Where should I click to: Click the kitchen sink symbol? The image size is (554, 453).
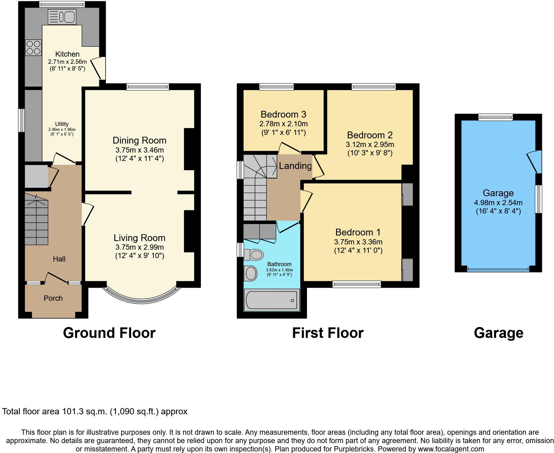[62, 17]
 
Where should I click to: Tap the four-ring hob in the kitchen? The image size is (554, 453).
[33, 48]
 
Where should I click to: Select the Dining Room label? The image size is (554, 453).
[139, 140]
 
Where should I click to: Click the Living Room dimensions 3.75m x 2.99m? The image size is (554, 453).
[139, 247]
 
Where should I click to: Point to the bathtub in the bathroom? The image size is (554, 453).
[272, 300]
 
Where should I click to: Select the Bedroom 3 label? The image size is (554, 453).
[283, 114]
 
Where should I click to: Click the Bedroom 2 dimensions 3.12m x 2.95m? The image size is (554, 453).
[370, 144]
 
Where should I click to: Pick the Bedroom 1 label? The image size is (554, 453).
[358, 232]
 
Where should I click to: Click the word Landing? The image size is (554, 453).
[295, 166]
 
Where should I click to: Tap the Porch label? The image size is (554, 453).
[53, 298]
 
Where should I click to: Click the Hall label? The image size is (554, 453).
[59, 259]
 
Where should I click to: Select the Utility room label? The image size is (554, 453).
[62, 124]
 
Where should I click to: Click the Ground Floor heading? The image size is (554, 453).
[109, 333]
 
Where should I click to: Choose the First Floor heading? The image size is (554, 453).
[328, 333]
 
